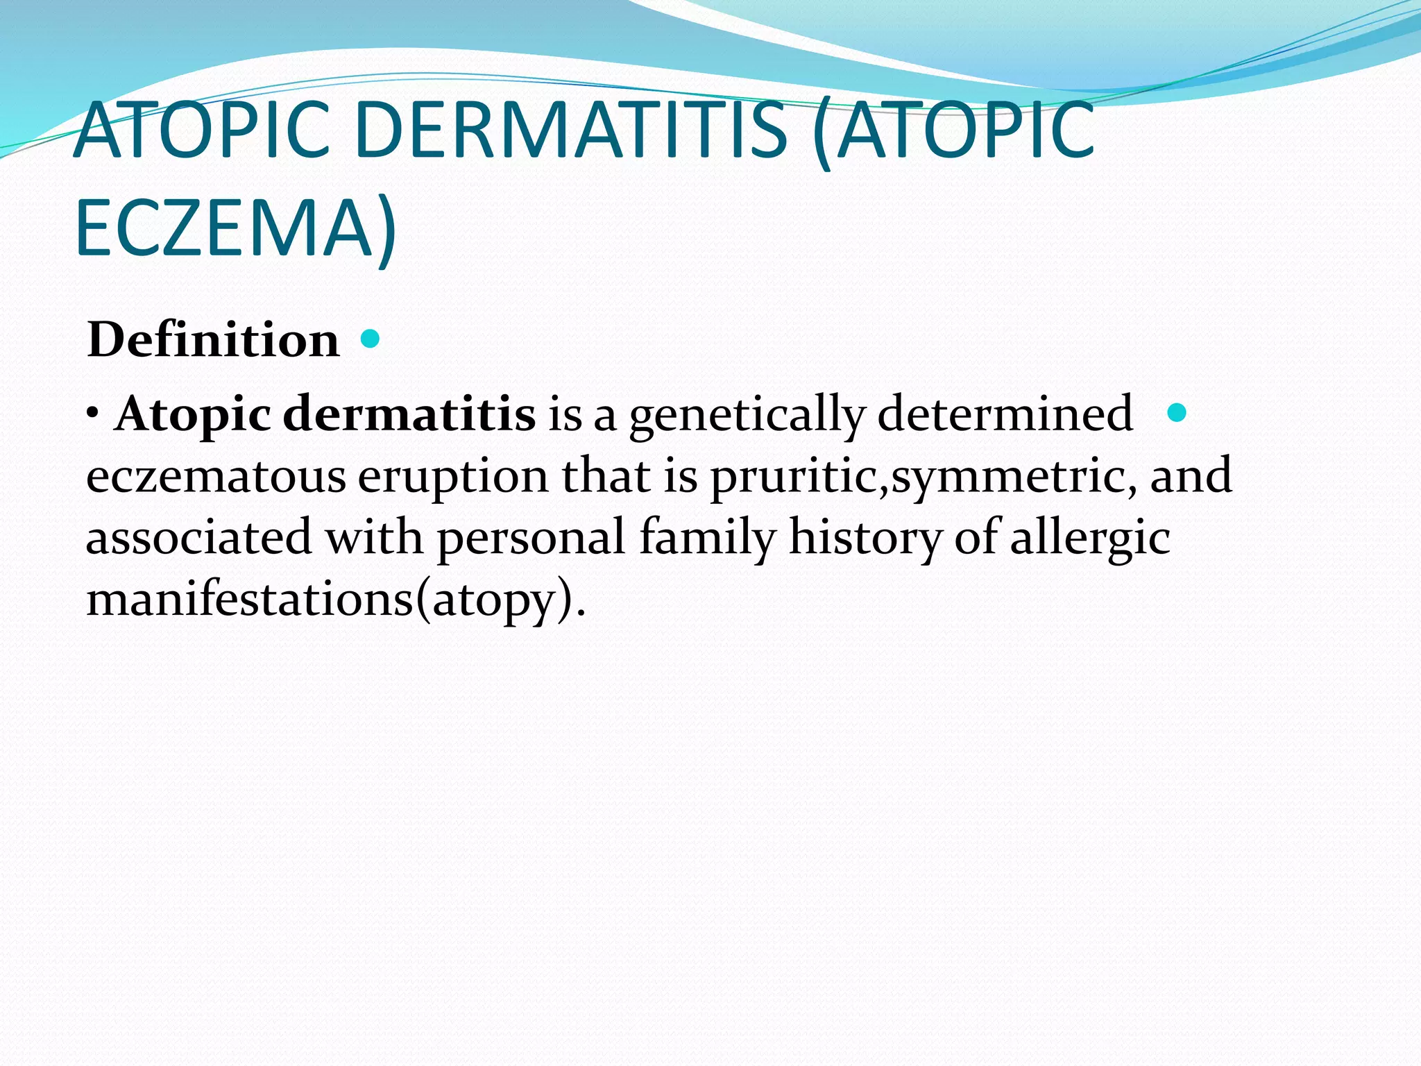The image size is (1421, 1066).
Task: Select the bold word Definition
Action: coord(214,340)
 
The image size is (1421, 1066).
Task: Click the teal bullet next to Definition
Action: coord(371,339)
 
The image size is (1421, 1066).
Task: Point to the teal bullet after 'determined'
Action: coord(1177,413)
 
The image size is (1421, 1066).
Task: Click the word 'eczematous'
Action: coord(216,477)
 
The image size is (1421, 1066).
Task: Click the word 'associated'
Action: coord(199,538)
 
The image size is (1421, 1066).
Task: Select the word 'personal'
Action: coord(531,539)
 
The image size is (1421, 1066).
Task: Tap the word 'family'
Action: coord(707,539)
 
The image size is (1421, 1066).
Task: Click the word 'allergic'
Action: coord(1090,539)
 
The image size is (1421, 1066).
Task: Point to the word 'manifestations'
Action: coord(250,599)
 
